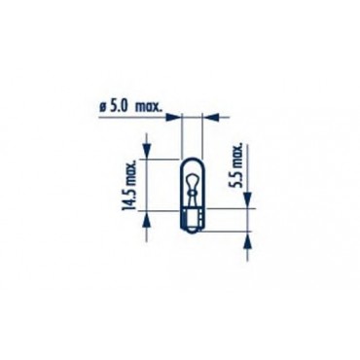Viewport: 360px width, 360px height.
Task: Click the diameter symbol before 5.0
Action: click(x=103, y=107)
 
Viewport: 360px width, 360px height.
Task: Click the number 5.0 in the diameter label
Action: click(x=119, y=107)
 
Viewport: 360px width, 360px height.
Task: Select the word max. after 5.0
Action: click(x=148, y=107)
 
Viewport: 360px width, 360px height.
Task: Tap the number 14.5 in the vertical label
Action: click(x=127, y=198)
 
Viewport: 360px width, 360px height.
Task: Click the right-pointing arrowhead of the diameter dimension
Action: click(x=173, y=117)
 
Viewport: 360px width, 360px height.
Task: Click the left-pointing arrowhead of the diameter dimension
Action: click(x=210, y=117)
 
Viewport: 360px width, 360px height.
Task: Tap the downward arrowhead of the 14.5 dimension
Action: click(x=147, y=152)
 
